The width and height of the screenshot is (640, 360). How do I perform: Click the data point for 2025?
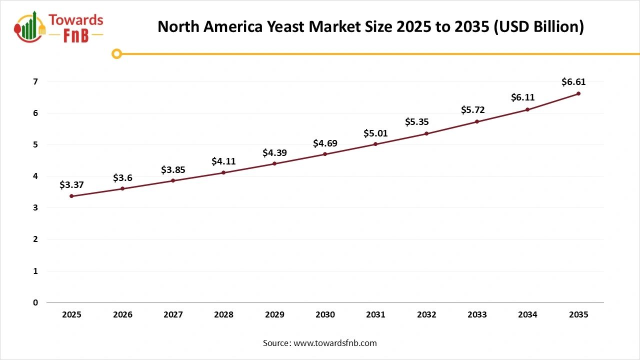point(71,196)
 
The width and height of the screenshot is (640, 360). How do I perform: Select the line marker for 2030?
point(325,154)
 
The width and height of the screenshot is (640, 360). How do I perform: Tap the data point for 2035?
point(578,93)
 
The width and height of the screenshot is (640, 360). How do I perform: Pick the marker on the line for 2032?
point(426,133)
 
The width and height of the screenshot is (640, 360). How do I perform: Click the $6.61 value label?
point(573,82)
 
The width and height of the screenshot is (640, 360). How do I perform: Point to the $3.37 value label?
point(71,185)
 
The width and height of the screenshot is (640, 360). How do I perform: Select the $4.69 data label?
point(325,143)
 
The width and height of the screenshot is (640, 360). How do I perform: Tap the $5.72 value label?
point(472,110)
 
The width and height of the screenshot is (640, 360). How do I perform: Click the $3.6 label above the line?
point(122,177)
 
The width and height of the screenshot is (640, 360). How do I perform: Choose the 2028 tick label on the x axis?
point(223,314)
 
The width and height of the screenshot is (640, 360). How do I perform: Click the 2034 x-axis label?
point(527,314)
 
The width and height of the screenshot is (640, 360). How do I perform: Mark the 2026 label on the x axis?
point(122,314)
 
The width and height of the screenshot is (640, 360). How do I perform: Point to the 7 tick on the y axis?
point(35,81)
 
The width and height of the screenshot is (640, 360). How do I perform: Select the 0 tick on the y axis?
point(35,302)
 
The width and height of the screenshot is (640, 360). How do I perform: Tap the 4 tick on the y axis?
point(35,176)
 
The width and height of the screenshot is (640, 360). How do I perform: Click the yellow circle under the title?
point(116,53)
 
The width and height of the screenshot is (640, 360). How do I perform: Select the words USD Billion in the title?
point(538,26)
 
